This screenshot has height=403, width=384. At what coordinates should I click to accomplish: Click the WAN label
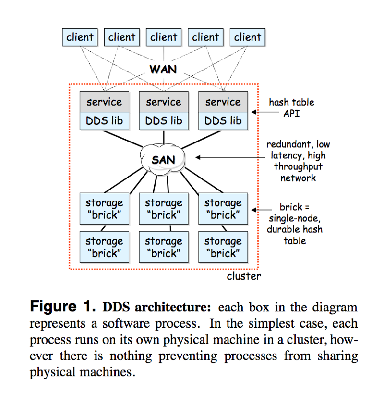tap(163, 69)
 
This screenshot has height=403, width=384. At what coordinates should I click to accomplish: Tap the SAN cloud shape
tap(163, 159)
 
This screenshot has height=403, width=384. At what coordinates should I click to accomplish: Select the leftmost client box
tap(80, 37)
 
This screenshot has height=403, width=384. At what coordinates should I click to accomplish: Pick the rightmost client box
tap(248, 37)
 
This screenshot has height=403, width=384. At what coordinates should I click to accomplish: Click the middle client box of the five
tap(164, 37)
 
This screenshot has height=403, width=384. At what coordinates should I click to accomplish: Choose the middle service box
tap(164, 102)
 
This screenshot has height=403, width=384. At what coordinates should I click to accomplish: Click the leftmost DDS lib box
tap(104, 121)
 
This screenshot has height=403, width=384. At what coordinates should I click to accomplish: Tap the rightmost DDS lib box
tap(223, 121)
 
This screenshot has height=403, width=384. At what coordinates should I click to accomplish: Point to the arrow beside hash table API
tap(260, 112)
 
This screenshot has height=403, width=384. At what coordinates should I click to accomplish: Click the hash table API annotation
tap(292, 107)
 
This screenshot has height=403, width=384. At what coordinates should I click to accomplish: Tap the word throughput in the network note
tap(298, 167)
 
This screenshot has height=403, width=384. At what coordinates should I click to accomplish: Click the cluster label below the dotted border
tap(244, 276)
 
